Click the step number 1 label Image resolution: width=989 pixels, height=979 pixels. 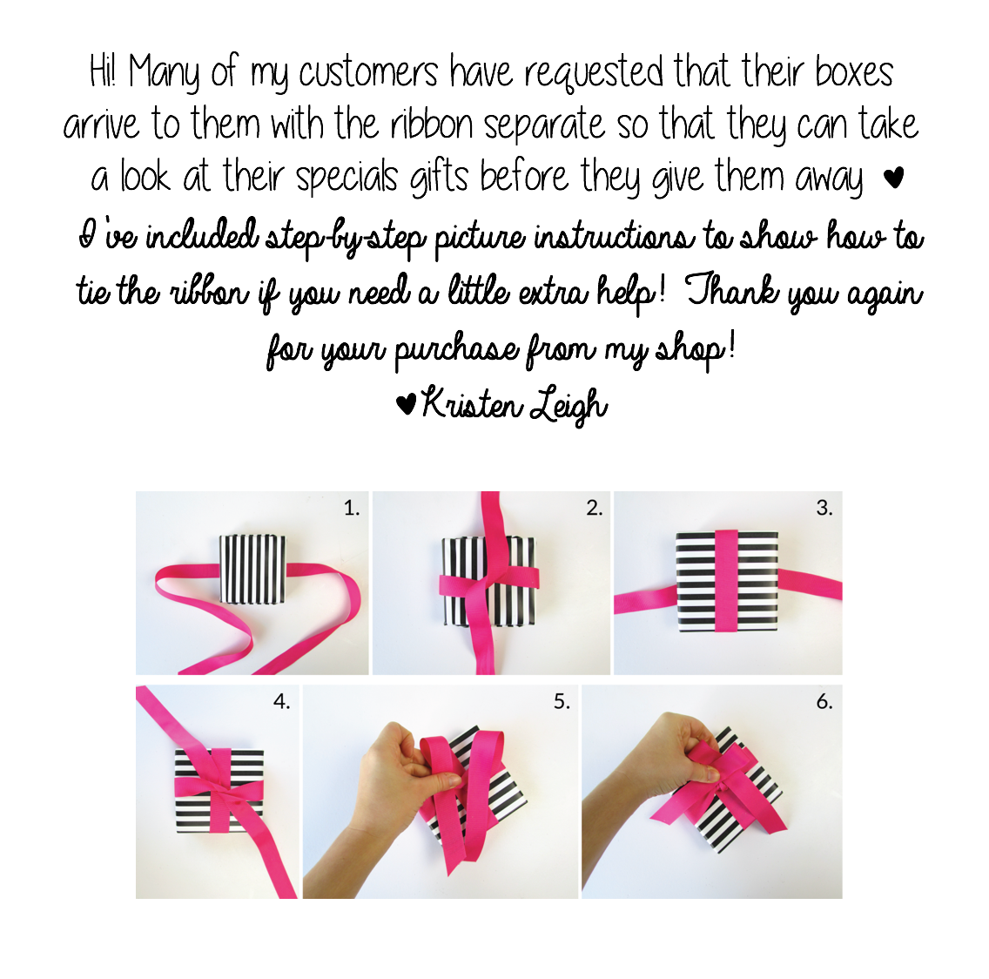[351, 508]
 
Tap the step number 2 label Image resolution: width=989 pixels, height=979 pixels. [594, 508]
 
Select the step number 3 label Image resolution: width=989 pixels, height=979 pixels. [824, 508]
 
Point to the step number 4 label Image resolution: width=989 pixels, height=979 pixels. [281, 701]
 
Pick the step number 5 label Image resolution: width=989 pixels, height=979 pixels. [562, 701]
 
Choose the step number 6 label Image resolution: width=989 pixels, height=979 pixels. [824, 701]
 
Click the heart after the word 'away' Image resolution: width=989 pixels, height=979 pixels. [892, 179]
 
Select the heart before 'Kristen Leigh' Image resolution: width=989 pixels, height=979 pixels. [405, 404]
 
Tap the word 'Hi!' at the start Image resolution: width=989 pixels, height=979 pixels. [103, 71]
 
